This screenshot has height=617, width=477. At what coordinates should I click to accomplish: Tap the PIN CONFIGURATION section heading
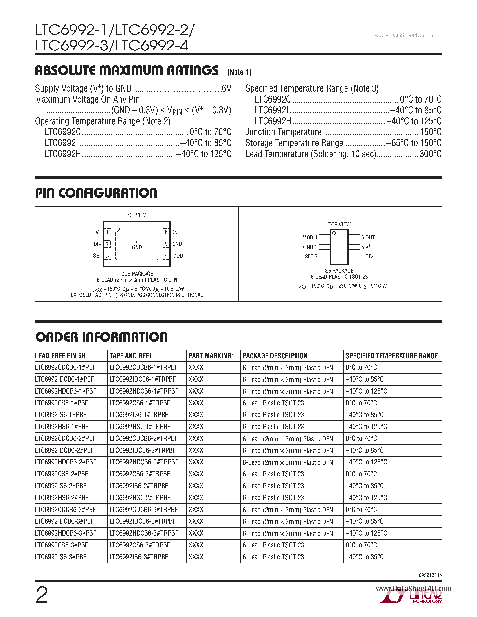[x=96, y=193]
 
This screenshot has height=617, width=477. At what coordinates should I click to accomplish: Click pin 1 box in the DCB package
[x=107, y=232]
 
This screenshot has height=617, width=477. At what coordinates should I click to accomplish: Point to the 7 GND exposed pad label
[x=137, y=244]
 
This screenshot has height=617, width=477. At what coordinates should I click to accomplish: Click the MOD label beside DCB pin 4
[x=178, y=256]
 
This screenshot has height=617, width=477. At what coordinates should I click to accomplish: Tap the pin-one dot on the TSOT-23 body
[x=334, y=233]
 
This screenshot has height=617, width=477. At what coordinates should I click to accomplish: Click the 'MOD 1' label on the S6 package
[x=310, y=238]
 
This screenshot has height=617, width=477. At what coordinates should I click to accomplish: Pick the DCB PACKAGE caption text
[x=137, y=274]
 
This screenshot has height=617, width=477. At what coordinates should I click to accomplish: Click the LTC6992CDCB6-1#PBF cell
[x=65, y=368]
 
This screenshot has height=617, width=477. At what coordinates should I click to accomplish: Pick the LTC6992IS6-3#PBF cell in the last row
[x=60, y=557]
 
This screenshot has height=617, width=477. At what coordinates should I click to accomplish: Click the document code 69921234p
[x=430, y=575]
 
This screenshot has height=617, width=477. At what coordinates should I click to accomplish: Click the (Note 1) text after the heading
[x=239, y=72]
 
